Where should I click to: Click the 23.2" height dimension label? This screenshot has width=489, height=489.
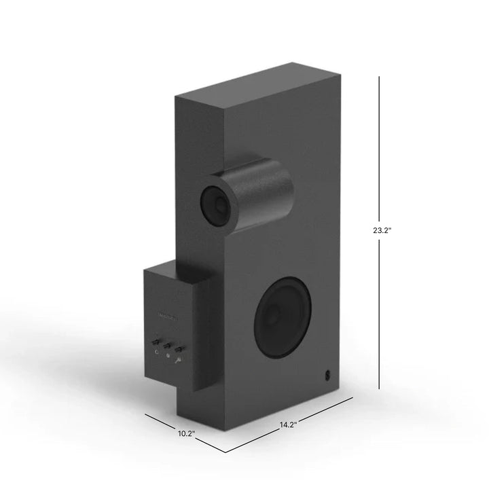coord(382,230)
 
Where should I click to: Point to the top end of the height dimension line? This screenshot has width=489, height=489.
coord(379,76)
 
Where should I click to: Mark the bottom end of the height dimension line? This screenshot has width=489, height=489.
coord(379,388)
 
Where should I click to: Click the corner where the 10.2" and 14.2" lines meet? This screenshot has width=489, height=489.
coord(226,452)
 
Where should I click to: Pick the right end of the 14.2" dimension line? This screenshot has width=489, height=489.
coord(353,397)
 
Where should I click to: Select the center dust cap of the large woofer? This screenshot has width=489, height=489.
coord(273,314)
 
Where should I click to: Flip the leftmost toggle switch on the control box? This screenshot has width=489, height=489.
coord(156,342)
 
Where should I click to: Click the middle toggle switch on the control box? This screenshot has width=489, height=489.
coord(168,345)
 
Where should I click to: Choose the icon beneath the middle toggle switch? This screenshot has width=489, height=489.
coord(168,355)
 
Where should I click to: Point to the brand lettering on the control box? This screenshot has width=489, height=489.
coord(167,313)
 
